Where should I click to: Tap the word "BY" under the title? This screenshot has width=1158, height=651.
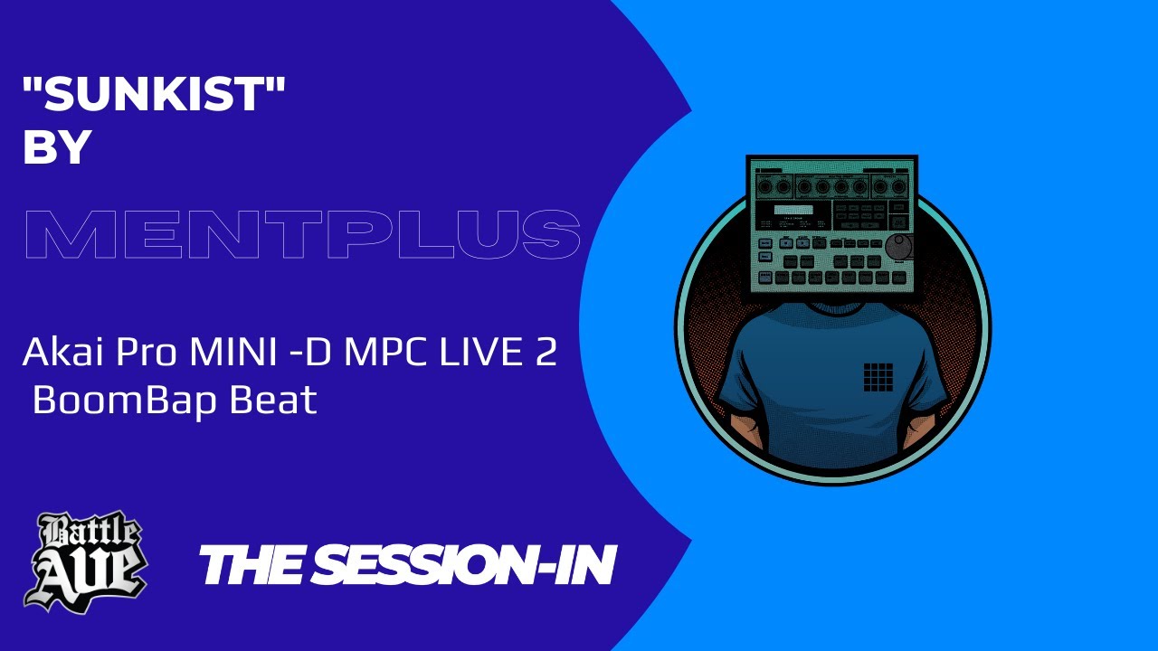point(57,148)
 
